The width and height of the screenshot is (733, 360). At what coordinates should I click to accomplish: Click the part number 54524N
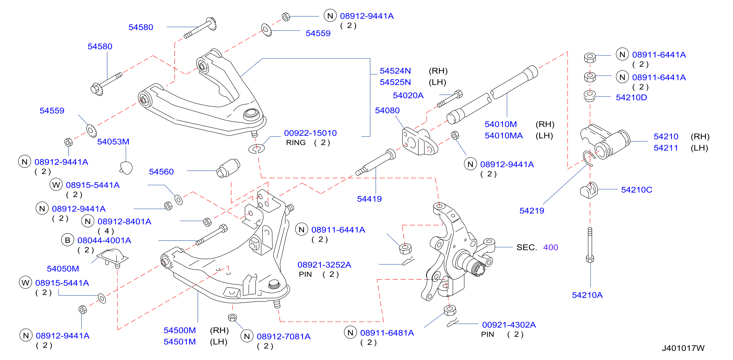tap(395, 71)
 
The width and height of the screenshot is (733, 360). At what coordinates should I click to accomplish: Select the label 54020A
tap(408, 96)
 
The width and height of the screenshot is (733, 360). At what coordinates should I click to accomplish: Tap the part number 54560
tap(161, 172)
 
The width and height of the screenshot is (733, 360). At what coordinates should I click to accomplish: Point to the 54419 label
tap(369, 199)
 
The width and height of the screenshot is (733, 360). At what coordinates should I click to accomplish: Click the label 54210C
tap(637, 190)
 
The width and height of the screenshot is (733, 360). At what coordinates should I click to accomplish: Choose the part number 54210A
tap(587, 295)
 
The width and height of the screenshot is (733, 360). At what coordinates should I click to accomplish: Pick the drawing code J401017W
tap(683, 348)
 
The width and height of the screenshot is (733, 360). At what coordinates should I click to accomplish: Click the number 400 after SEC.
tap(551, 247)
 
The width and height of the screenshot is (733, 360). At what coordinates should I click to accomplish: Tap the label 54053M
tap(113, 142)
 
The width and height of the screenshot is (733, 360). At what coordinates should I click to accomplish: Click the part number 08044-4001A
tap(104, 241)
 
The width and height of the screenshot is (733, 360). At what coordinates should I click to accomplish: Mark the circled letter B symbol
tap(67, 240)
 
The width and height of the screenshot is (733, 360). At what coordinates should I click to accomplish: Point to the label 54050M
tap(63, 269)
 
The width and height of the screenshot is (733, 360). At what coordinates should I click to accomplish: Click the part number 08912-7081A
tap(283, 337)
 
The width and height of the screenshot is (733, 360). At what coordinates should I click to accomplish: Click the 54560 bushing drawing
tap(228, 168)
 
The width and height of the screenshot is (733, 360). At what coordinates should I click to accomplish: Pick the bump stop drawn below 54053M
tap(126, 168)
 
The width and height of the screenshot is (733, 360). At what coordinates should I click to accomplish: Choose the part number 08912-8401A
tap(124, 221)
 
